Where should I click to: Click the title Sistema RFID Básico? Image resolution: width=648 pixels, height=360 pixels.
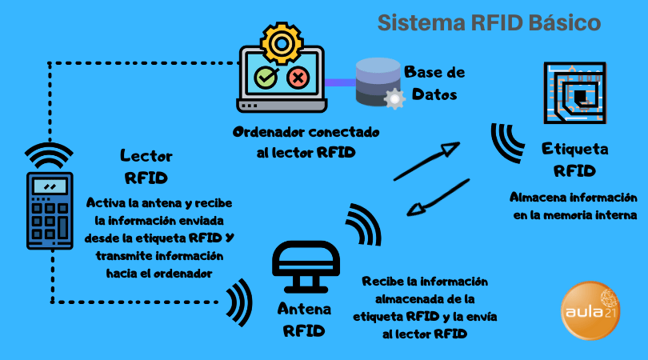[489, 22]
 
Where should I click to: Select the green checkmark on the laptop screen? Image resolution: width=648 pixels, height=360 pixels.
[265, 78]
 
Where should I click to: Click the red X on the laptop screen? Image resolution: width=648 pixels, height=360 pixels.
[298, 78]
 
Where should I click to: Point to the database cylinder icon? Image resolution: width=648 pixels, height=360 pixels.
[377, 80]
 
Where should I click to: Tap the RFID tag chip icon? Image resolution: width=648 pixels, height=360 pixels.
[574, 90]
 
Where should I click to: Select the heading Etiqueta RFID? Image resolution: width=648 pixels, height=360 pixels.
[574, 159]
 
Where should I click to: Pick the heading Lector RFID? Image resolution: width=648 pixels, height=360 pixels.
[146, 166]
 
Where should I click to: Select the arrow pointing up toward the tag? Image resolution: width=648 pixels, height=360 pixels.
[426, 162]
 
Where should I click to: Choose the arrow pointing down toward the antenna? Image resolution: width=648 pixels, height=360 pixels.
[437, 198]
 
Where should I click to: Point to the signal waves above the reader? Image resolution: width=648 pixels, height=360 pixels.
[50, 154]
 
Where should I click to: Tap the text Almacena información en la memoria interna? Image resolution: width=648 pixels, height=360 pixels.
[574, 206]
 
